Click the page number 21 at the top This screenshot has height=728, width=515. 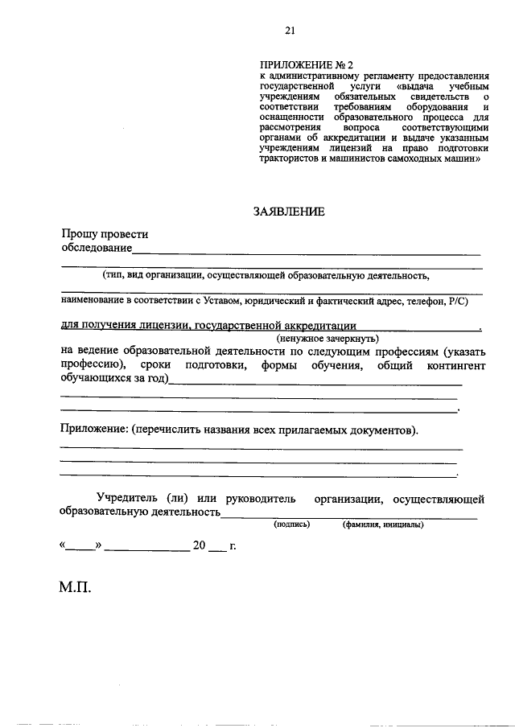pos(290,31)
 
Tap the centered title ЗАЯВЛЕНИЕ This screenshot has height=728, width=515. pos(289,212)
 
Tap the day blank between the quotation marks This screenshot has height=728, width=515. pos(80,547)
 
